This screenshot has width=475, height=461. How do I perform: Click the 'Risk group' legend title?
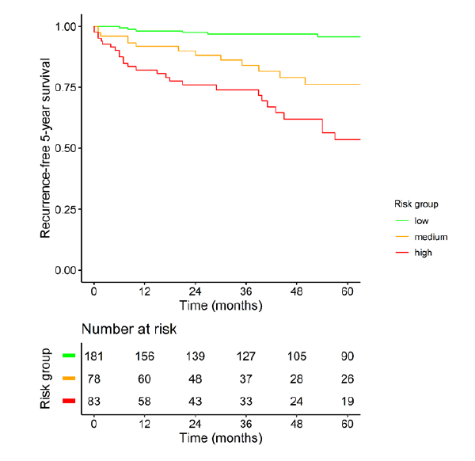(x=416, y=204)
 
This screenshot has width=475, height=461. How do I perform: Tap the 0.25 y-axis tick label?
(x=66, y=209)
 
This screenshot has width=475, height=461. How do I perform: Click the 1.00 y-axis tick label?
(x=66, y=26)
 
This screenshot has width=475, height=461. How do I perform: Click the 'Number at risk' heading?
(x=129, y=329)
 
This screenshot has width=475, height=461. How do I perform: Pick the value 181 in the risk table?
(x=94, y=356)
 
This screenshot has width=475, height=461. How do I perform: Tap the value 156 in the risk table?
(x=145, y=356)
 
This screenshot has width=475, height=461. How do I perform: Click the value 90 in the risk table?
(x=348, y=356)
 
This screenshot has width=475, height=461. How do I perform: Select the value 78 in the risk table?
(x=94, y=379)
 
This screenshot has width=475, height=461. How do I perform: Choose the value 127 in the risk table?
(x=246, y=356)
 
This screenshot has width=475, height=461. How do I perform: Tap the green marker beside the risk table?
(x=69, y=356)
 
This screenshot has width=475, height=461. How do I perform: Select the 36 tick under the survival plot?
(x=246, y=290)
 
